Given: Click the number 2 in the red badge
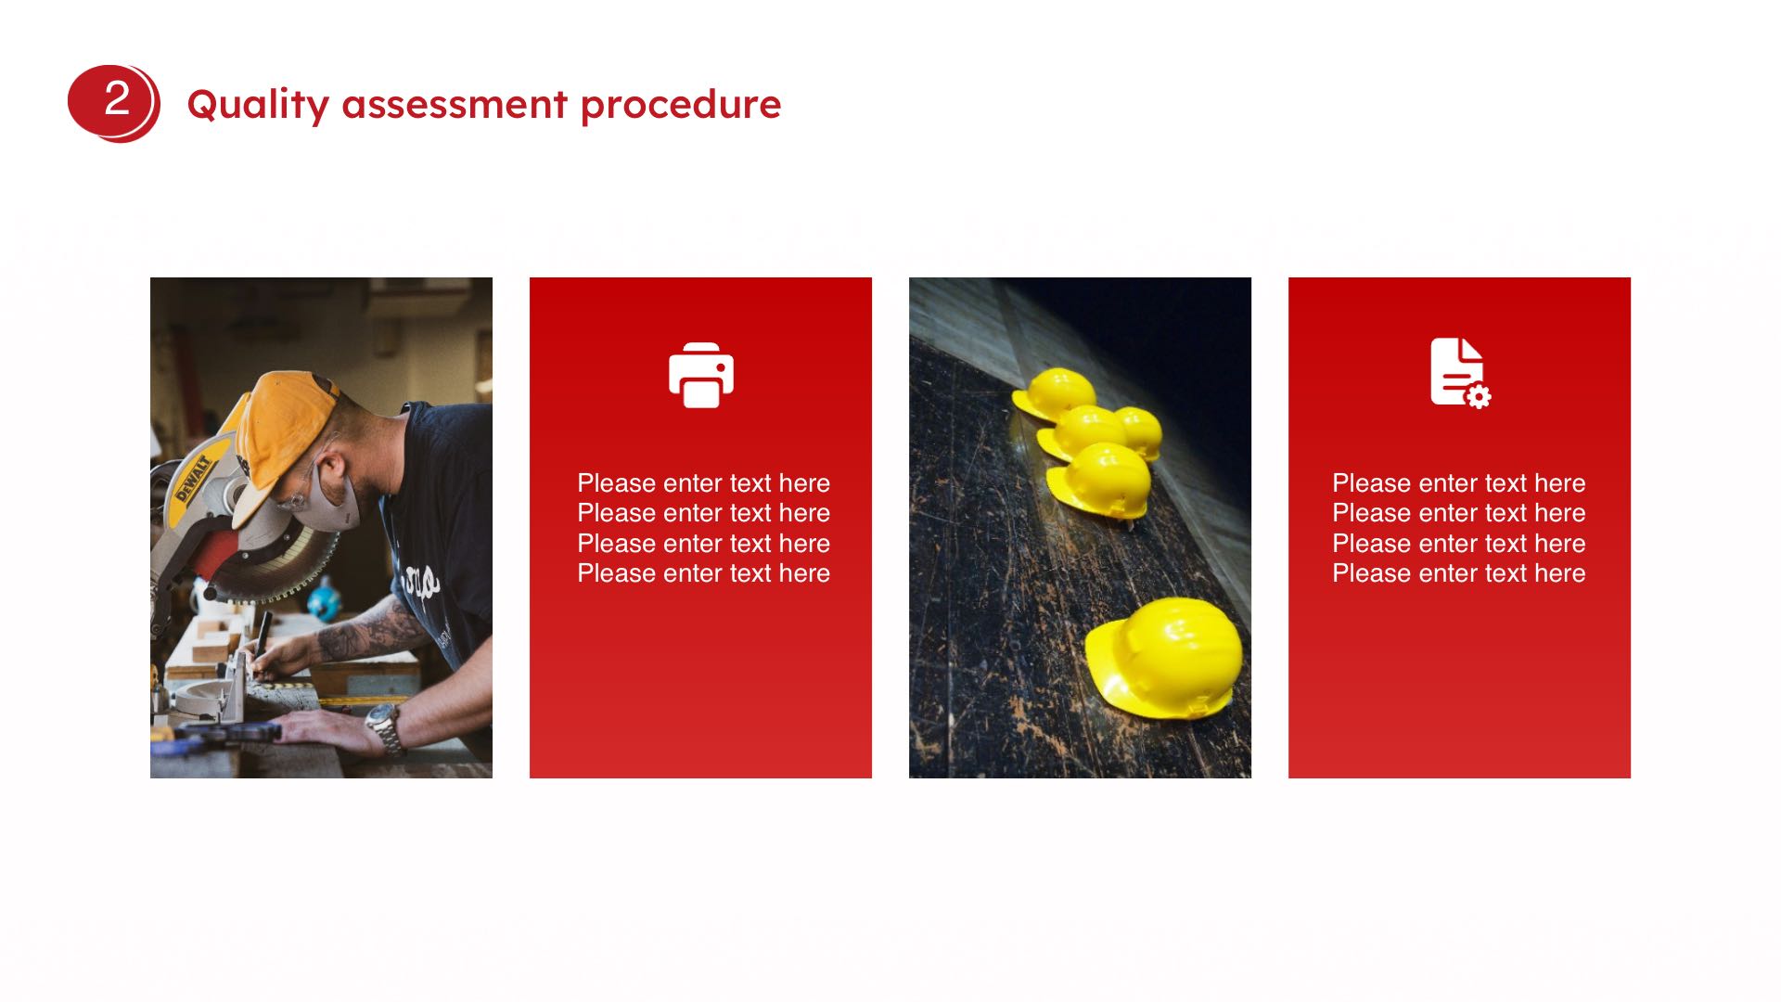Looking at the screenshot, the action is [117, 98].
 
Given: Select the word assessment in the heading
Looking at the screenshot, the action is [455, 105].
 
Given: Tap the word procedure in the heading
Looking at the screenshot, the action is [681, 105].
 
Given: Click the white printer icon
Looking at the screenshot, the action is [701, 376].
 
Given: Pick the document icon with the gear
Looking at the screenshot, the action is [1460, 373].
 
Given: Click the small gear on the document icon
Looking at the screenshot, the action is [1479, 397].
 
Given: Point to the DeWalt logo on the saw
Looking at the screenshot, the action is [195, 478].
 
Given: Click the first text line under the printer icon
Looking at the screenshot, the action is [703, 483].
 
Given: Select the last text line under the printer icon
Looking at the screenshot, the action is [703, 573].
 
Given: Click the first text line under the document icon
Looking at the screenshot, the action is [1459, 483].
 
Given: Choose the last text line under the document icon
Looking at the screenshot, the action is [1459, 573].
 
